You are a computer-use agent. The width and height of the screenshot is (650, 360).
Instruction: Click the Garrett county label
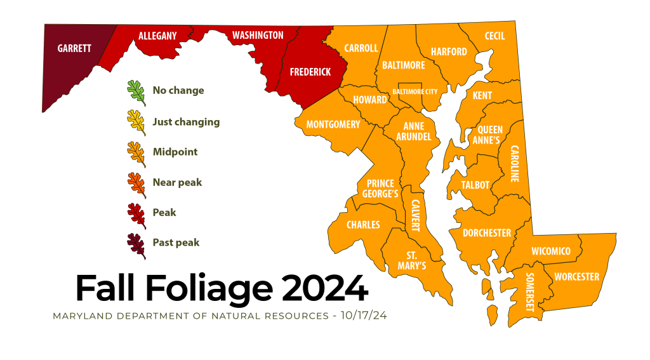tap(74, 48)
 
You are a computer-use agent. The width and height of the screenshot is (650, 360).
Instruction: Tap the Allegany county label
tap(157, 36)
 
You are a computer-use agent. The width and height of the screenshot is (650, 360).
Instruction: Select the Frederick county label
tap(310, 72)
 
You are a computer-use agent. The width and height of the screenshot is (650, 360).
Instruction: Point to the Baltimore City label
tap(415, 91)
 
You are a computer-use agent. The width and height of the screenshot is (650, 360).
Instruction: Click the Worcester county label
tap(576, 277)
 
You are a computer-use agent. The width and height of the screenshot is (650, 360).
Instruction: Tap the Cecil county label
tap(494, 36)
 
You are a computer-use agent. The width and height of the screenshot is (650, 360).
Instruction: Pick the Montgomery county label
tap(333, 124)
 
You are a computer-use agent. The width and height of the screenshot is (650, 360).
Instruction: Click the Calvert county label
tap(416, 215)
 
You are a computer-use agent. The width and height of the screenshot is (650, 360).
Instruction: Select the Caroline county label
tap(514, 163)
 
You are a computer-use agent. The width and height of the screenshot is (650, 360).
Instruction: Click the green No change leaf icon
tap(136, 92)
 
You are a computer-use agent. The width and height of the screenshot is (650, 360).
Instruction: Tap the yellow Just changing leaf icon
tap(136, 123)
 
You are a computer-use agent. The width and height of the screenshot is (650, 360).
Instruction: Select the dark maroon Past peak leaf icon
tap(136, 245)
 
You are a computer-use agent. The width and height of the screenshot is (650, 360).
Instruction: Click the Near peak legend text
tap(177, 182)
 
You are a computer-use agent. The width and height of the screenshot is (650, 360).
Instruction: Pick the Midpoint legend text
tap(175, 152)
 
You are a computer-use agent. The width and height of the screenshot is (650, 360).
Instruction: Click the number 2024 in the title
tap(326, 288)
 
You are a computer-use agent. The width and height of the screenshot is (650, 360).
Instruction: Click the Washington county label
tap(258, 35)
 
